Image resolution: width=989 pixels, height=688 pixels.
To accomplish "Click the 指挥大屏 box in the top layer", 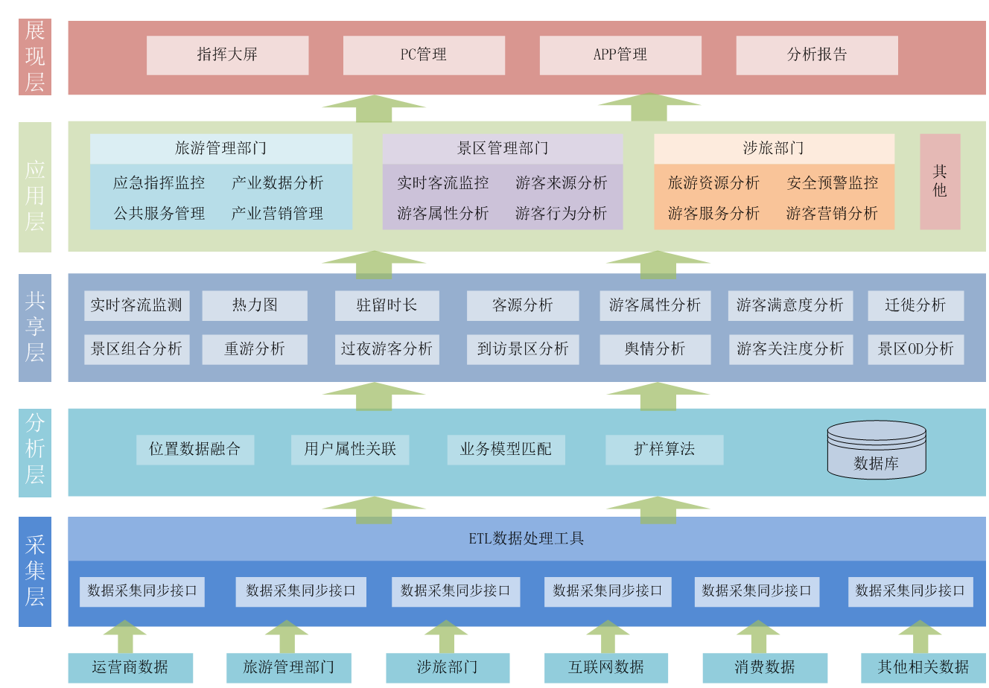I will point(227,55).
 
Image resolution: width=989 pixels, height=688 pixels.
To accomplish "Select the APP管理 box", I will point(620,55).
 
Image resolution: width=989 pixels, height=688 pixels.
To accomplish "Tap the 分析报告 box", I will point(817,55).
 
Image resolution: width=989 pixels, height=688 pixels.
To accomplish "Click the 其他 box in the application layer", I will point(940,181).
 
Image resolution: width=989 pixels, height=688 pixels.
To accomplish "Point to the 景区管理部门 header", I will point(503,148).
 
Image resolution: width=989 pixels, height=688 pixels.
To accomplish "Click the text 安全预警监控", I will point(833,183).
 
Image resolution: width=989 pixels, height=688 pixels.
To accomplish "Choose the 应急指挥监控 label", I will point(159,183).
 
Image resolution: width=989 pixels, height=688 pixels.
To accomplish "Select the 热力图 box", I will point(255,305).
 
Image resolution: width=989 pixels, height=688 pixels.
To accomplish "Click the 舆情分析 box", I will point(655,349).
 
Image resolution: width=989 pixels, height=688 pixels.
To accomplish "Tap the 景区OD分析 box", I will point(915,349).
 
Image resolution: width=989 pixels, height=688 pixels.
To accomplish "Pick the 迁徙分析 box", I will point(915,305).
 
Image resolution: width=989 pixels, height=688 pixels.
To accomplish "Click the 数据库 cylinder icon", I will point(877,450).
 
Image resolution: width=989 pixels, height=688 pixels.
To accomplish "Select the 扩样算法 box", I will point(664,450).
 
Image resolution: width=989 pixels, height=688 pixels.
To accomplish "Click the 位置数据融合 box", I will point(195,450).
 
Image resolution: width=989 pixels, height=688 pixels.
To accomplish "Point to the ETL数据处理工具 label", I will point(526,538).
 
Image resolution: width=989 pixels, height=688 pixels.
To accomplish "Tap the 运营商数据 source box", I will point(130,668).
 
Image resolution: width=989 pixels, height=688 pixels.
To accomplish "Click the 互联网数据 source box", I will point(606,668).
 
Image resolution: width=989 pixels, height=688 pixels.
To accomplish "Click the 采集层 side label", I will point(35,571).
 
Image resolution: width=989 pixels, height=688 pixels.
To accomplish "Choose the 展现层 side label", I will point(35,57).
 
